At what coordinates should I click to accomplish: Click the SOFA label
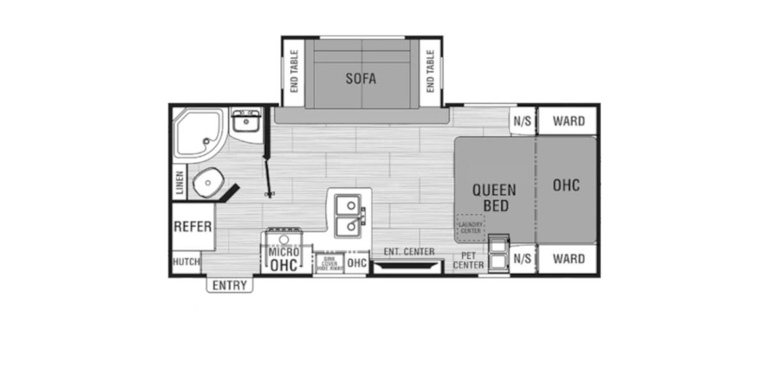tap(361, 79)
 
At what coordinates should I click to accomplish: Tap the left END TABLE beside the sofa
tap(294, 71)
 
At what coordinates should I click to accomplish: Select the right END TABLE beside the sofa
tap(430, 71)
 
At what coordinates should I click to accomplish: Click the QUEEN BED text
tap(494, 198)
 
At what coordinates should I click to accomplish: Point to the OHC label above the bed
tap(566, 185)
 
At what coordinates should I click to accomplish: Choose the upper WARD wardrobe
tap(568, 121)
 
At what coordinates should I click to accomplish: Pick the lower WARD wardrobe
tap(568, 259)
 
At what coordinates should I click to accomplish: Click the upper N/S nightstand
tap(522, 122)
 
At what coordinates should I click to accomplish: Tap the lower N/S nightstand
tap(522, 259)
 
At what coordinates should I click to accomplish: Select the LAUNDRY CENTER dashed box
tap(470, 227)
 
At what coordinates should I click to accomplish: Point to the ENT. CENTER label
tap(408, 252)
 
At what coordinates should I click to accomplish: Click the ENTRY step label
tap(229, 285)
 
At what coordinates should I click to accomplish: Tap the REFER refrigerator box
tap(193, 227)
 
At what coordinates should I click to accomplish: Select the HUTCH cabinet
tap(186, 262)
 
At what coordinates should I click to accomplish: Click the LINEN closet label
tap(180, 183)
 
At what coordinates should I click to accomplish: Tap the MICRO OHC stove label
tap(283, 259)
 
